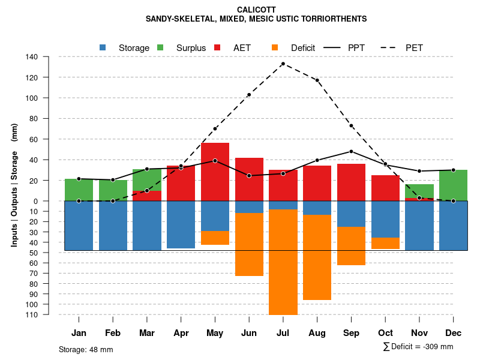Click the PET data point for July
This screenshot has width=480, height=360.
(283, 64)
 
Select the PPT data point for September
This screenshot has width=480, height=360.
(351, 151)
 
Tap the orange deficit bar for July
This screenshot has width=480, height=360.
(283, 262)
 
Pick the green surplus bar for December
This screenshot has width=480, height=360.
(453, 185)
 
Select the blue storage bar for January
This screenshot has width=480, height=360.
(79, 226)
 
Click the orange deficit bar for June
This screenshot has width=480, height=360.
(249, 244)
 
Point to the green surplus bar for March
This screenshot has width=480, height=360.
(147, 179)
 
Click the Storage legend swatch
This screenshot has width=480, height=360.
(103, 47)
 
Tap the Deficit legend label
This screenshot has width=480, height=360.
(303, 48)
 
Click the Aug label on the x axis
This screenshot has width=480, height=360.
(317, 333)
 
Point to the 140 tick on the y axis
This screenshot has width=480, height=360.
(32, 57)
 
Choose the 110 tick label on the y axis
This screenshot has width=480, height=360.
(32, 314)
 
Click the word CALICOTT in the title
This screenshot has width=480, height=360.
(256, 10)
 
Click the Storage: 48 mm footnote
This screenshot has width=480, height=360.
(86, 349)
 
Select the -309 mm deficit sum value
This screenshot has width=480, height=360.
(438, 347)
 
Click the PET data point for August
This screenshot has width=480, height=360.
(317, 80)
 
